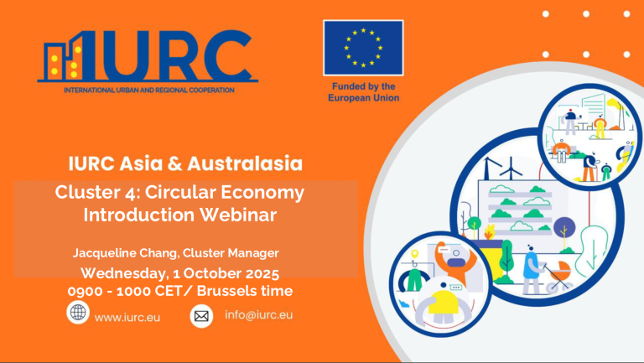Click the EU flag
point(363,48)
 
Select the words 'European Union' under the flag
point(363,97)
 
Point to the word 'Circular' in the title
point(185,192)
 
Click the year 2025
point(259,273)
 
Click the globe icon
point(78,314)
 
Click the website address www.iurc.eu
point(127,318)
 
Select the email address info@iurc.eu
point(259,315)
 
